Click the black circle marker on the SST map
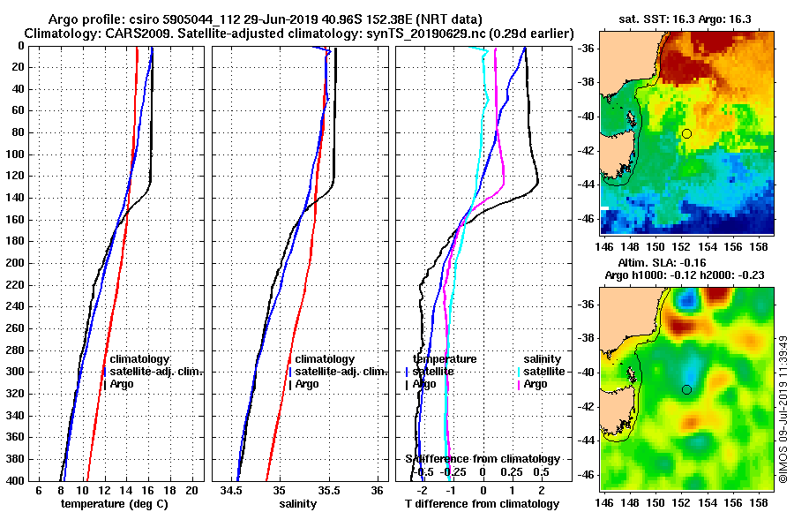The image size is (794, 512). coord(686,133)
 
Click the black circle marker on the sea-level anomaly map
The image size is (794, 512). coord(686,389)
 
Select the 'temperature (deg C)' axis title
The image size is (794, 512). coord(114,503)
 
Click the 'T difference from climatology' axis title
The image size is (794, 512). coord(482,503)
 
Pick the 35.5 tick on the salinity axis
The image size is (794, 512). coord(328,490)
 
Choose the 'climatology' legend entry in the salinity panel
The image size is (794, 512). coord(325,359)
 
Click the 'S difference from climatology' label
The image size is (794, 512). coord(482,459)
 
